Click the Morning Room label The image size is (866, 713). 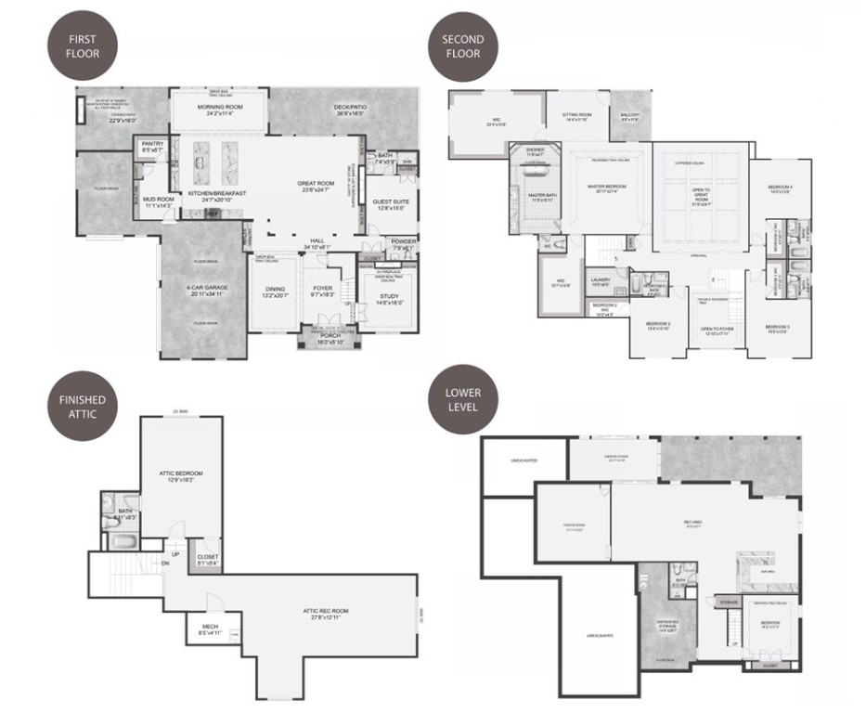(219, 109)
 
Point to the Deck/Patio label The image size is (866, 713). (350, 110)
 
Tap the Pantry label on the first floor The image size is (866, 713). (151, 147)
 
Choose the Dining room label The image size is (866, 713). (275, 292)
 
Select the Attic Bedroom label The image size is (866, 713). (180, 476)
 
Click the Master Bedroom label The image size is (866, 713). (607, 188)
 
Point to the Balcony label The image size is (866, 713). (630, 117)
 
